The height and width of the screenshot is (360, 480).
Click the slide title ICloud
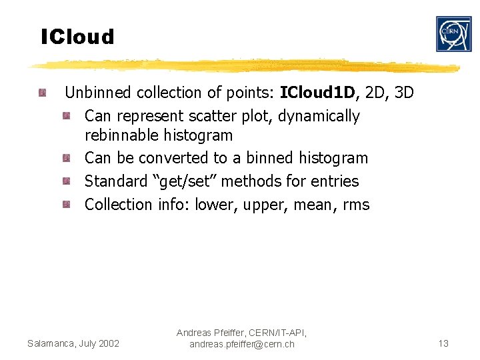77,37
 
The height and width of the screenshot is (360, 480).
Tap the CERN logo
453,34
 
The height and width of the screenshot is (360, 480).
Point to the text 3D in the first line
404,93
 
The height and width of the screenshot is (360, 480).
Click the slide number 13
443,343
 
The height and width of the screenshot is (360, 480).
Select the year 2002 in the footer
107,343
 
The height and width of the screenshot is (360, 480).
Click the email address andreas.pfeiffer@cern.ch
241,344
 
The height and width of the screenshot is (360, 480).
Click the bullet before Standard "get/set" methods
67,181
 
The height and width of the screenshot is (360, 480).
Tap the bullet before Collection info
67,204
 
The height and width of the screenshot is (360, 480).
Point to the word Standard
115,181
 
